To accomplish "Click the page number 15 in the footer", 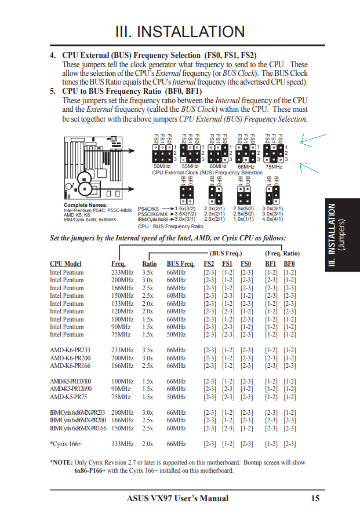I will (315, 498).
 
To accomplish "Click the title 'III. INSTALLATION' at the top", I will (180, 31).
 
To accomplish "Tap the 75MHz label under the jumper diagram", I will (274, 166).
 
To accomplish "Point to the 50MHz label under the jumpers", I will (154, 166).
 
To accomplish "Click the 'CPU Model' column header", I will (66, 264).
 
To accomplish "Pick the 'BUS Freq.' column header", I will (180, 264).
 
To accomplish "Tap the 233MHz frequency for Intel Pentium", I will (122, 272).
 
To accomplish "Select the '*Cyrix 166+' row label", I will (66, 444).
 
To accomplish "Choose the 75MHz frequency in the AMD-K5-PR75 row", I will (121, 397).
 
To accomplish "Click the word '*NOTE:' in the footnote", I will (61, 463).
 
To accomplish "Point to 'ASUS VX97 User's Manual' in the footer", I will (177, 498).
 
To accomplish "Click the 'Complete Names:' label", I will (85, 205).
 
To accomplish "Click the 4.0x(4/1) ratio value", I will (272, 220).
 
